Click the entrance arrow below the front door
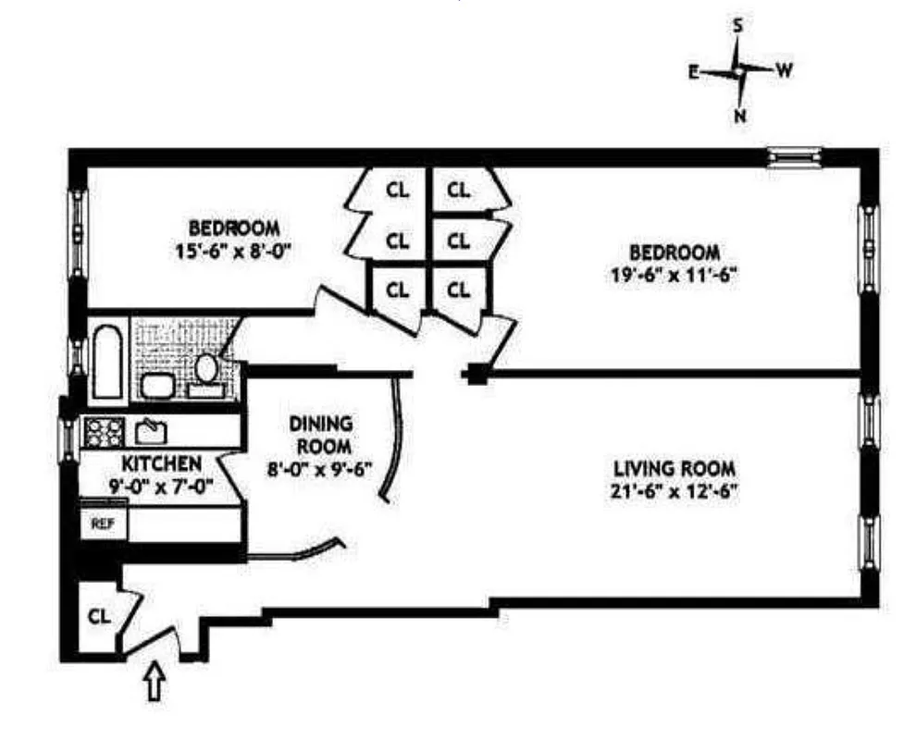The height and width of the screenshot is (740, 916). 155,684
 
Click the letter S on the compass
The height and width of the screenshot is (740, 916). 738,27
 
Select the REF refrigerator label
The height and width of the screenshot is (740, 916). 99,522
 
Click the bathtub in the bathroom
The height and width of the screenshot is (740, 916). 107,361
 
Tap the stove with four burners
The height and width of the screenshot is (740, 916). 104,430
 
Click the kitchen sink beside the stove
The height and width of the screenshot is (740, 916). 149,430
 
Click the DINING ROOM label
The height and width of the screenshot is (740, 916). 321,435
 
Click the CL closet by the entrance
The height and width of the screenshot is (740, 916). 99,615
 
